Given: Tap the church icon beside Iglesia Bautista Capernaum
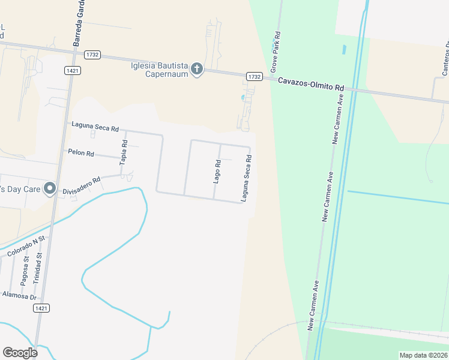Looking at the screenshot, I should click(x=196, y=70).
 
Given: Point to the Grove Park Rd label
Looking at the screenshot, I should click(x=277, y=50).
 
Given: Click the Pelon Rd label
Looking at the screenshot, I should click(x=81, y=154).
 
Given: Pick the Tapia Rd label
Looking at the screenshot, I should click(x=125, y=152).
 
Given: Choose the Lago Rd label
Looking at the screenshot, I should click(x=217, y=171).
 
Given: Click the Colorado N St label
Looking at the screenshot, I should click(x=26, y=247).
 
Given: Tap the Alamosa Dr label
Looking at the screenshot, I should click(x=20, y=295).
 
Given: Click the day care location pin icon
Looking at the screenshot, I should click(x=50, y=189).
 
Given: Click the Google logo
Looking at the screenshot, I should click(x=20, y=353).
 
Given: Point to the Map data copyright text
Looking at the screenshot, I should click(x=423, y=355).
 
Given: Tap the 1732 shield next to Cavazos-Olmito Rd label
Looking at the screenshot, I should click(x=254, y=77).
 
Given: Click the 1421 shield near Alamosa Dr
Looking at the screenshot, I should click(x=41, y=307).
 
